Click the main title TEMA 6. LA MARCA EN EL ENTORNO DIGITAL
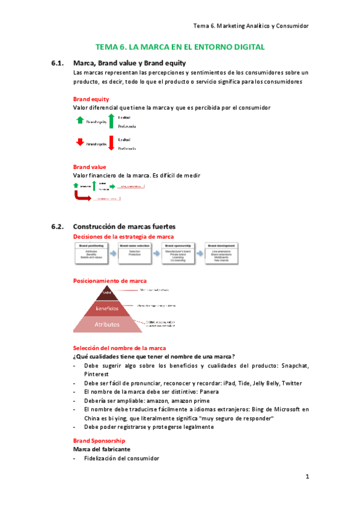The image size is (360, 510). coord(180,47)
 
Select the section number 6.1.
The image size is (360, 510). coord(58,63)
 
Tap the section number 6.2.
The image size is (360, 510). coord(58,227)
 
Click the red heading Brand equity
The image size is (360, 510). coord(91,99)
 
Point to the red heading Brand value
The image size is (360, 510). coord(90,167)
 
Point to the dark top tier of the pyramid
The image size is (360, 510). coord(108,293)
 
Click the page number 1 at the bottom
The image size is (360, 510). coord(307,477)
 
